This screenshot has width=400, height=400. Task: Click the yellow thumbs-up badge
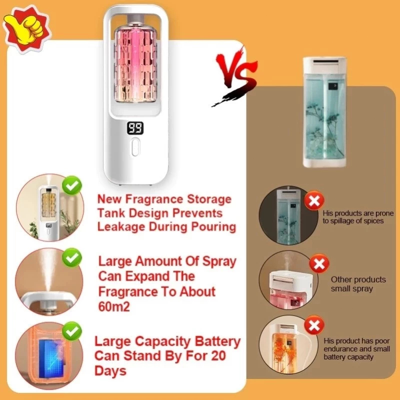click(x=26, y=29)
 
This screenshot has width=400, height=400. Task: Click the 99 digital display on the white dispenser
click(x=135, y=128)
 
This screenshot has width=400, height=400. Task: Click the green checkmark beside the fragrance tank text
click(x=72, y=185)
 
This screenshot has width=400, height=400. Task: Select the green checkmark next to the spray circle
click(x=72, y=257)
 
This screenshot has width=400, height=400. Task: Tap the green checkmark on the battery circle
click(x=72, y=331)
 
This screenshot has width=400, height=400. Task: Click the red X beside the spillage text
click(x=314, y=200)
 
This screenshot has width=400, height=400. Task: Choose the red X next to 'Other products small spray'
click(x=319, y=263)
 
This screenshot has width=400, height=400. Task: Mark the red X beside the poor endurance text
click(x=314, y=325)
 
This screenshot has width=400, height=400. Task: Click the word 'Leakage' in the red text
click(x=121, y=227)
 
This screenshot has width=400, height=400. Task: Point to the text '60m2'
click(x=114, y=306)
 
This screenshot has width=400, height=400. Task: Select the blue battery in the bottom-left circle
click(x=51, y=359)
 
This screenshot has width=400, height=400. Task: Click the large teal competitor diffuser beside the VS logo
click(x=324, y=112)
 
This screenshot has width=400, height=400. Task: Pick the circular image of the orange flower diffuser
click(x=289, y=345)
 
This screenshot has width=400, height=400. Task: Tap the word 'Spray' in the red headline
click(x=219, y=261)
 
